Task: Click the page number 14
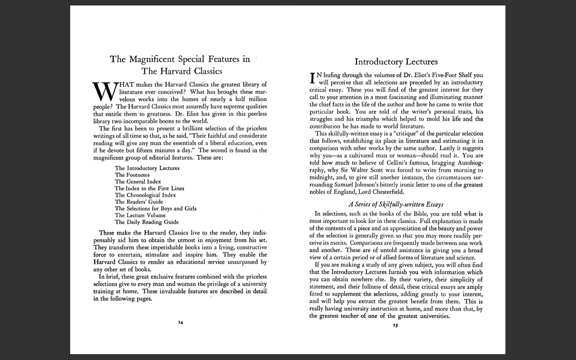pyautogui.click(x=180, y=322)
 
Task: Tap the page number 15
pyautogui.click(x=396, y=324)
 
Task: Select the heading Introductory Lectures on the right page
pyautogui.click(x=396, y=62)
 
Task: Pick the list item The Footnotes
pyautogui.click(x=132, y=175)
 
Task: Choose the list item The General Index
pyautogui.click(x=138, y=181)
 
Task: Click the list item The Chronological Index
pyautogui.click(x=145, y=195)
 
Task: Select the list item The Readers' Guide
pyautogui.click(x=139, y=202)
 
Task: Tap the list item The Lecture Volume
pyautogui.click(x=140, y=215)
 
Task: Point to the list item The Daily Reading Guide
pyautogui.click(x=147, y=222)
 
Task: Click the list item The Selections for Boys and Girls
pyautogui.click(x=156, y=208)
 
